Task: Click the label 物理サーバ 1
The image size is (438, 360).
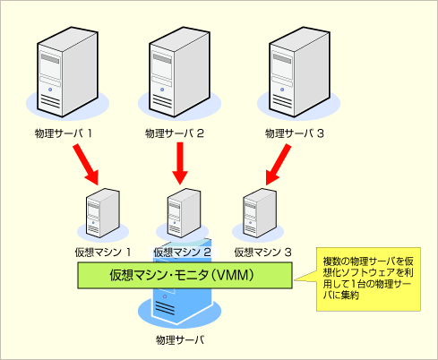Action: click(x=63, y=133)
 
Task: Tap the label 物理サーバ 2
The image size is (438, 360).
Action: click(x=175, y=133)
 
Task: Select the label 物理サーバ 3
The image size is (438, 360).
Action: click(x=295, y=133)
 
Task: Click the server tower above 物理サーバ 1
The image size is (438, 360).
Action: click(x=67, y=72)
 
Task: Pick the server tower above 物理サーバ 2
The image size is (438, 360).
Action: click(x=179, y=72)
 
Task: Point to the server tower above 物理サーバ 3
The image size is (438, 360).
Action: click(x=299, y=72)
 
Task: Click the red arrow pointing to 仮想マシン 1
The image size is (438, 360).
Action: click(x=86, y=164)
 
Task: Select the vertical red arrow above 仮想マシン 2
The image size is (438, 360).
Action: click(x=180, y=163)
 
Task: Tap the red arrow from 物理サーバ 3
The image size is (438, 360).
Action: click(x=278, y=165)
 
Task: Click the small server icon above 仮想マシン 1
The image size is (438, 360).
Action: click(x=103, y=213)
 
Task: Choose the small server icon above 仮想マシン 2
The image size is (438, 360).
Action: click(x=184, y=213)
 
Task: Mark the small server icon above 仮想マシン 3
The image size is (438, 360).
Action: click(x=260, y=213)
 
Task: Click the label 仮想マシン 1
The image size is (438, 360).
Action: click(x=103, y=253)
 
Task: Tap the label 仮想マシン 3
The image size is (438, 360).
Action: click(x=262, y=253)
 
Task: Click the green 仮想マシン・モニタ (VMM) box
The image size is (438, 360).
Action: click(x=185, y=275)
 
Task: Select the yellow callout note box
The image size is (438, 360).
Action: click(x=368, y=279)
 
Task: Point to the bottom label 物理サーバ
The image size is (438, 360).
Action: click(x=180, y=340)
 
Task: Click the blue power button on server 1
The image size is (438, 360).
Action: click(x=50, y=90)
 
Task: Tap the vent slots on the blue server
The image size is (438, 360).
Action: click(x=164, y=308)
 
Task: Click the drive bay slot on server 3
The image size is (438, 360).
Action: click(x=282, y=81)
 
